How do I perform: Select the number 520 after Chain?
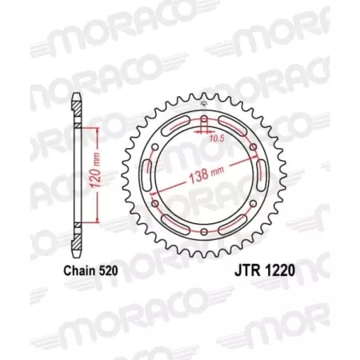[109, 271]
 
